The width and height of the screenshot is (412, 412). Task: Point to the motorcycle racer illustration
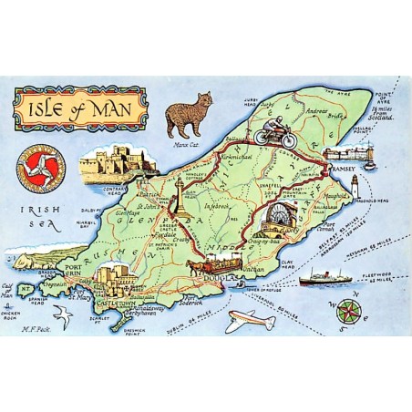[x=271, y=135]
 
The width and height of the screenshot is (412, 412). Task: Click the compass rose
[x=346, y=311]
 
